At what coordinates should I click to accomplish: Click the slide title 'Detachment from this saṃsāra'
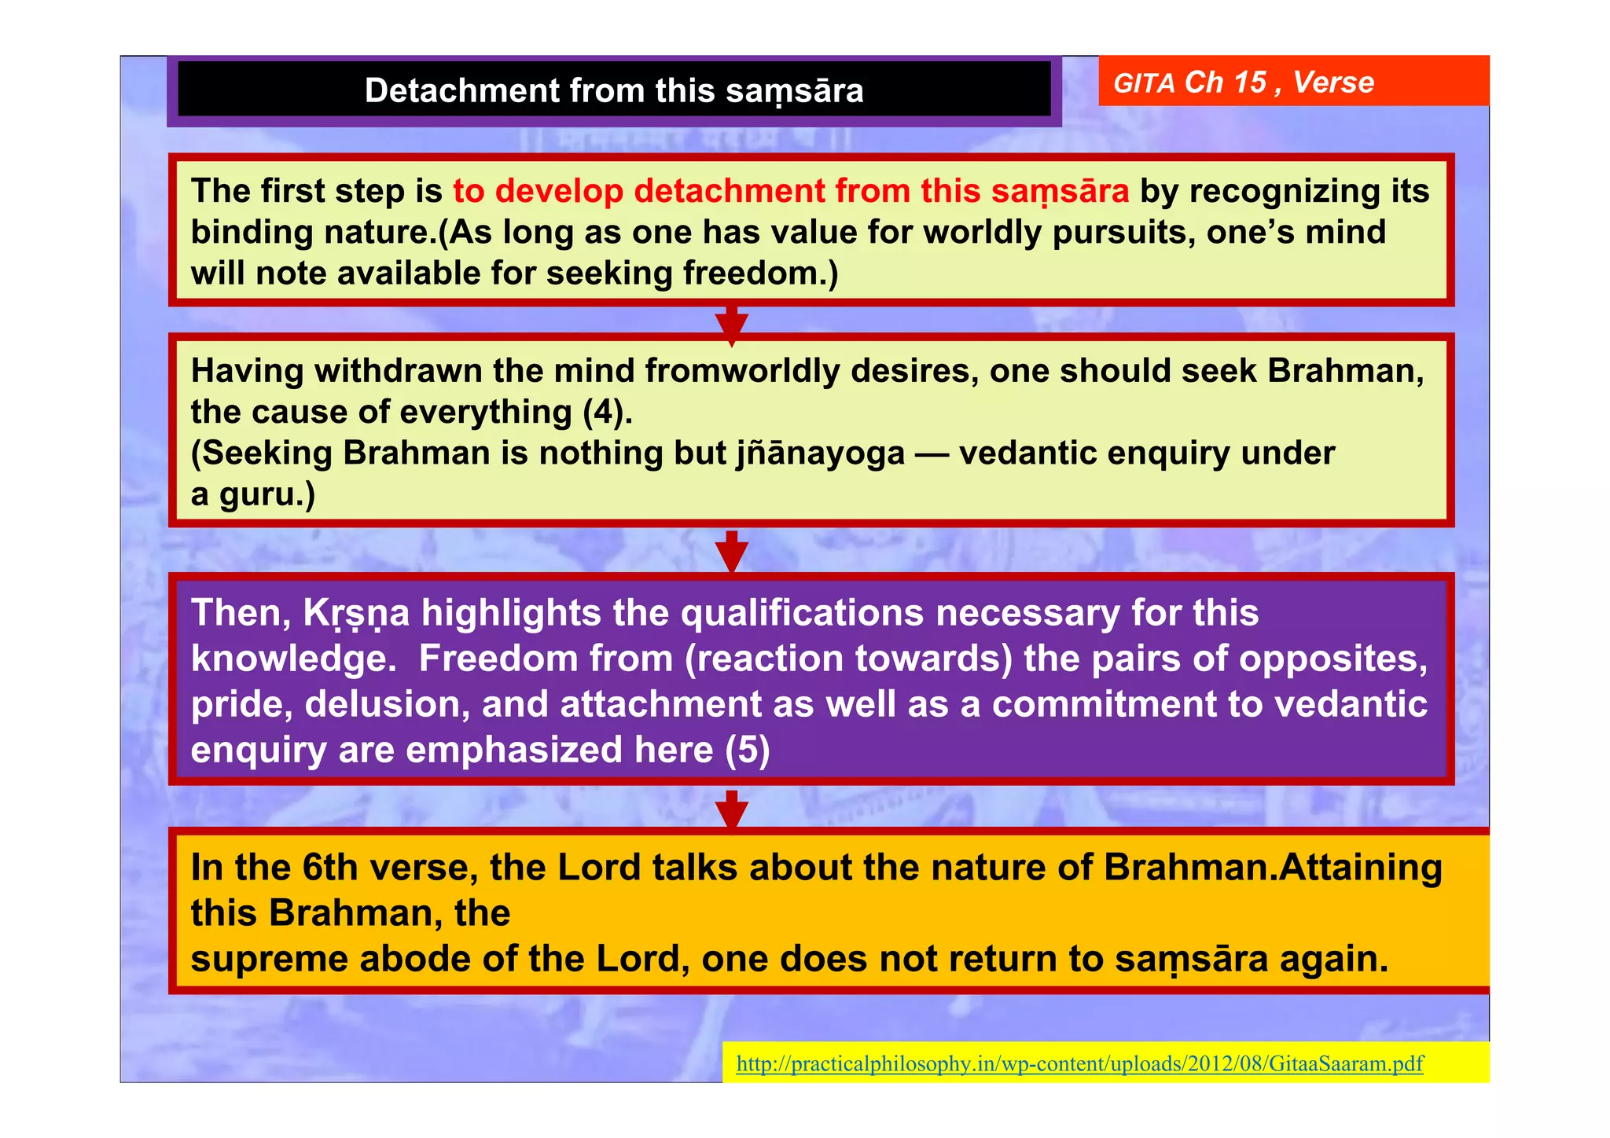pyautogui.click(x=614, y=90)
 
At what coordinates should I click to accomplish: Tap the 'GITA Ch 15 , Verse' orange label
pyautogui.click(x=1244, y=83)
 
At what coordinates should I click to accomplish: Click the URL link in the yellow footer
pyautogui.click(x=1079, y=1063)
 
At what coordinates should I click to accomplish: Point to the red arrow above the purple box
pyautogui.click(x=732, y=551)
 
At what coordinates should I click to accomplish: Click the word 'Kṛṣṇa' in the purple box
pyautogui.click(x=356, y=614)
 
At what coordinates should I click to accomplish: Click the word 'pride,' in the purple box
pyautogui.click(x=241, y=704)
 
